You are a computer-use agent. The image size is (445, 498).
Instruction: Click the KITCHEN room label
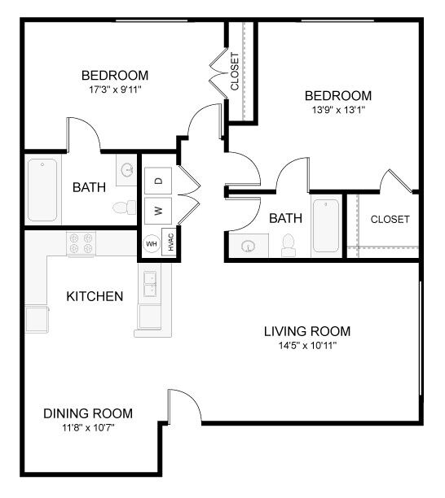click(x=95, y=296)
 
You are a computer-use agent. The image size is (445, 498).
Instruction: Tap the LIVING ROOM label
click(x=307, y=331)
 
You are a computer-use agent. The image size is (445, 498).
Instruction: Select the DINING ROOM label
click(x=88, y=413)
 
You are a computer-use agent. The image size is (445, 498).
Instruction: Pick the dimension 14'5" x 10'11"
click(x=307, y=345)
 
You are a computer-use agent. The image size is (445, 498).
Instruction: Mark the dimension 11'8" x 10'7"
click(x=88, y=427)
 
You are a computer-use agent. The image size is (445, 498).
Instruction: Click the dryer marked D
click(x=159, y=180)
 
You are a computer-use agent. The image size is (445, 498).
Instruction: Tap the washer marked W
click(x=159, y=211)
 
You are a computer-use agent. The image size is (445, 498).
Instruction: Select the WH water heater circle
click(x=151, y=243)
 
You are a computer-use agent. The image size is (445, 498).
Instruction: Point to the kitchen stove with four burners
click(x=82, y=242)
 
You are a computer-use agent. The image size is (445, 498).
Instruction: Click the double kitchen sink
click(x=152, y=284)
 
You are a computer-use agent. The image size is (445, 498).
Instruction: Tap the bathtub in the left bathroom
click(x=42, y=190)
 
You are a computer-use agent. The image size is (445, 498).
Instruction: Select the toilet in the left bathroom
click(x=124, y=207)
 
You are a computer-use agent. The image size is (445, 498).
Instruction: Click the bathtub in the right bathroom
click(x=326, y=225)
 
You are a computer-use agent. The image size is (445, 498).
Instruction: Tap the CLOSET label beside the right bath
click(x=390, y=220)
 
